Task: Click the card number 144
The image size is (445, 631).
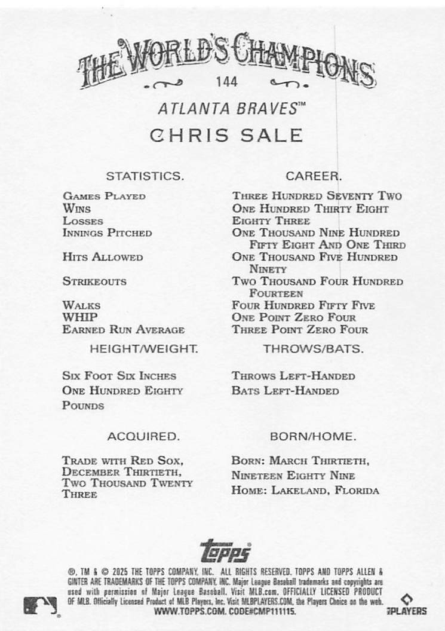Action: (227, 82)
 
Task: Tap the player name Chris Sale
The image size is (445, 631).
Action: (226, 135)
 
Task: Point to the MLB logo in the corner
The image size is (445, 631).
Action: (40, 605)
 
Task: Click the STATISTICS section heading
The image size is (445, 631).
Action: (145, 176)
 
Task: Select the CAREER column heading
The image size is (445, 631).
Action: (313, 176)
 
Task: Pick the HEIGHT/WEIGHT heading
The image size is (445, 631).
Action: (143, 348)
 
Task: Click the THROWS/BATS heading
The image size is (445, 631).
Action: (313, 348)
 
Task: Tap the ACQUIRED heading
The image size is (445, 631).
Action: (143, 437)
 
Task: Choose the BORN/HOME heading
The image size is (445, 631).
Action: (313, 437)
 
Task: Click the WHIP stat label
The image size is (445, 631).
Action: (79, 317)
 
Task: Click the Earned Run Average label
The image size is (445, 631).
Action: (123, 330)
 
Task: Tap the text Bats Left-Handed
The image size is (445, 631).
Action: (286, 391)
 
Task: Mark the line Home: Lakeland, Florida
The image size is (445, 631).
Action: (305, 491)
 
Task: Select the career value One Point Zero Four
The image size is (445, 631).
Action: (294, 317)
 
